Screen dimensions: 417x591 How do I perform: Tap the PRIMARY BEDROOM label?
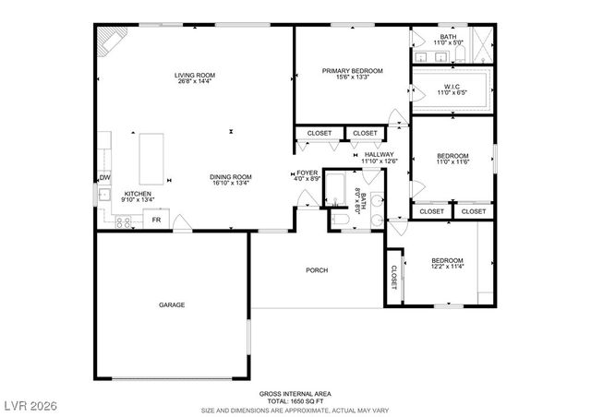(352, 70)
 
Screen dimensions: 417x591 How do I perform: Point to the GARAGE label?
(172, 304)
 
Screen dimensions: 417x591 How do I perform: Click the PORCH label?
(318, 270)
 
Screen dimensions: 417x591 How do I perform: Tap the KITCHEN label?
(138, 194)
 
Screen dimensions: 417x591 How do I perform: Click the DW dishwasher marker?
(105, 178)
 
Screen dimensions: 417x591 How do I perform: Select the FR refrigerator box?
(157, 220)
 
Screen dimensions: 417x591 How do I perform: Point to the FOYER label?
(307, 173)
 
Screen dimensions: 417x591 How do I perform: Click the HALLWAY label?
(379, 154)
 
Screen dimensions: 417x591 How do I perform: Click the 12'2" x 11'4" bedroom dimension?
(447, 268)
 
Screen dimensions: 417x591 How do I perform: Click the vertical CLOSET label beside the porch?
(394, 276)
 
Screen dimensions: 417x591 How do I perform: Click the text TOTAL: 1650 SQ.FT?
(295, 400)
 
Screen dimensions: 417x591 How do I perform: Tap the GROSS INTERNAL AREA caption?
(295, 393)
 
